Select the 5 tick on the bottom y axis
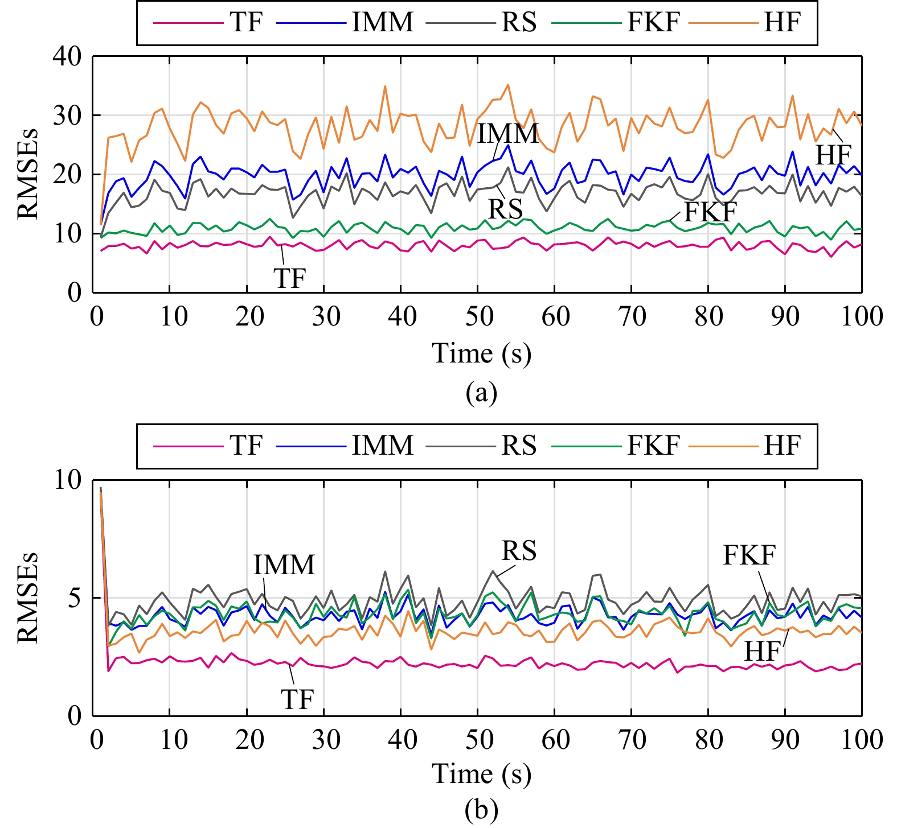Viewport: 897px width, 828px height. pyautogui.click(x=75, y=598)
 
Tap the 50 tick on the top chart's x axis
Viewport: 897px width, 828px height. pyautogui.click(x=478, y=316)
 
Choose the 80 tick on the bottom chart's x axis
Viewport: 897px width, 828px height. pyautogui.click(x=708, y=740)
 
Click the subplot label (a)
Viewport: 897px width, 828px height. pyautogui.click(x=481, y=393)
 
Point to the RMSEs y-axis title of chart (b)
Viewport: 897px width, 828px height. pyautogui.click(x=27, y=598)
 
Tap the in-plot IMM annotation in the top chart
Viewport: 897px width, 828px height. pyautogui.click(x=507, y=134)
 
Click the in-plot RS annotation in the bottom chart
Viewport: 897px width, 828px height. pyautogui.click(x=519, y=551)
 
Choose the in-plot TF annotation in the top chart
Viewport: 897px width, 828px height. pyautogui.click(x=290, y=278)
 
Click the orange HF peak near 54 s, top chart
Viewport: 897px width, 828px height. pyautogui.click(x=508, y=85)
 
